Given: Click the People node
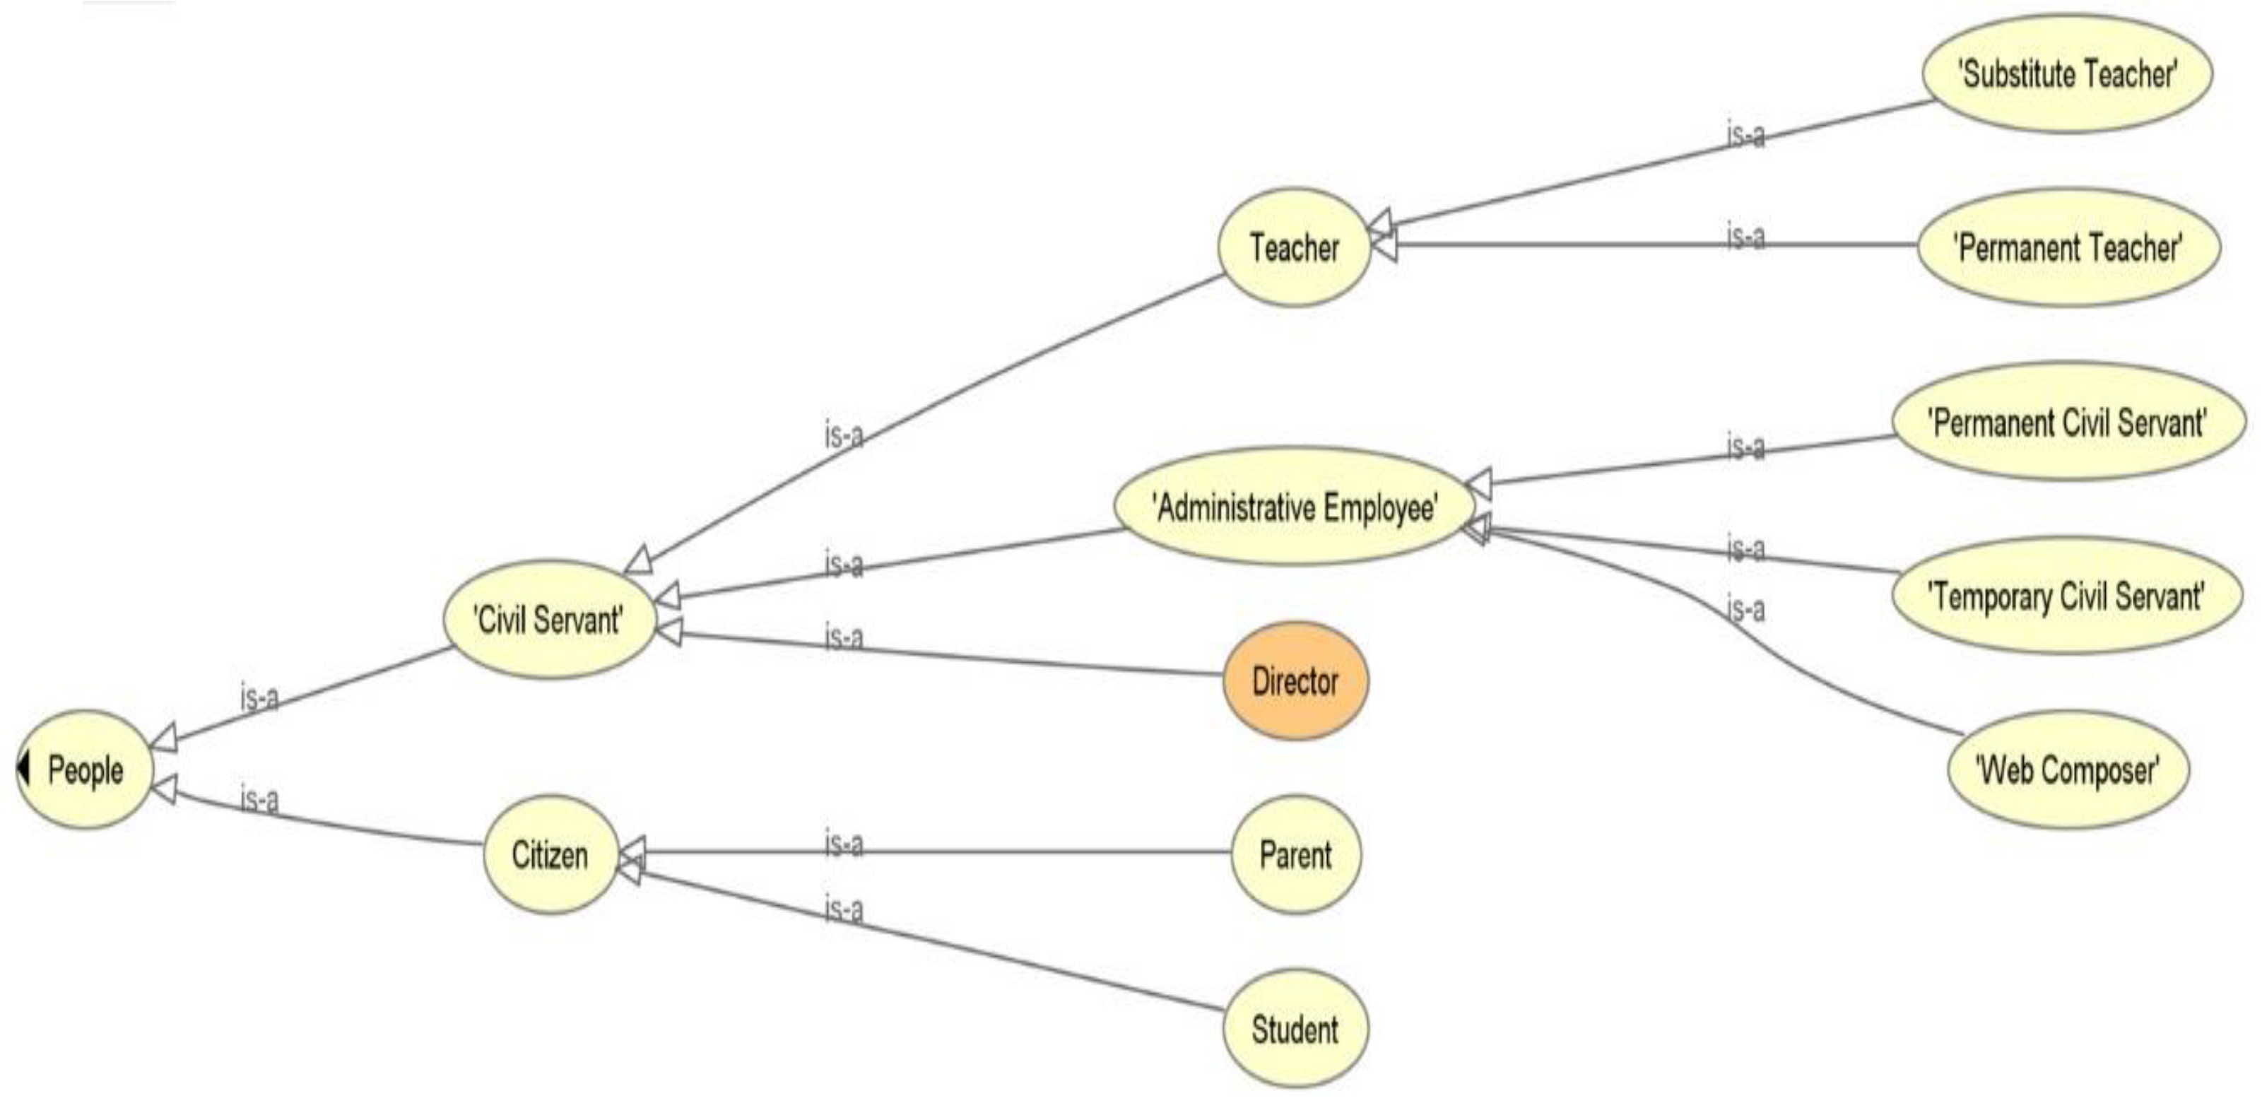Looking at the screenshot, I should tap(86, 770).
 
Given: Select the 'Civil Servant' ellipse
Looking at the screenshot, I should tap(549, 620).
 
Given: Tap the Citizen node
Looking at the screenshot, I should tap(550, 854).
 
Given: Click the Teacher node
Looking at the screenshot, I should tap(1295, 247).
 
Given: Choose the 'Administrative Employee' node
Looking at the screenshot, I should tap(1295, 507).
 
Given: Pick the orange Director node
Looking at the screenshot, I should tap(1295, 681).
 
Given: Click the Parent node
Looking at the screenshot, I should tap(1295, 854).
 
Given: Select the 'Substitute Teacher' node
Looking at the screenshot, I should tap(2068, 73).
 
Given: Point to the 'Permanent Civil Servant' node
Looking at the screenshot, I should tap(2068, 423).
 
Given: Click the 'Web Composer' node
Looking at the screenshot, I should tap(2068, 770).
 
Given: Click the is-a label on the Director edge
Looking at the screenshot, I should tap(844, 637).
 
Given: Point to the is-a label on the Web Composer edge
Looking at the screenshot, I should tap(1745, 608).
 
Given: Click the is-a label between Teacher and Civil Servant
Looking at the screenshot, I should tap(844, 434).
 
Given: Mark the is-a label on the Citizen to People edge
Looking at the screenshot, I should tap(260, 800).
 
